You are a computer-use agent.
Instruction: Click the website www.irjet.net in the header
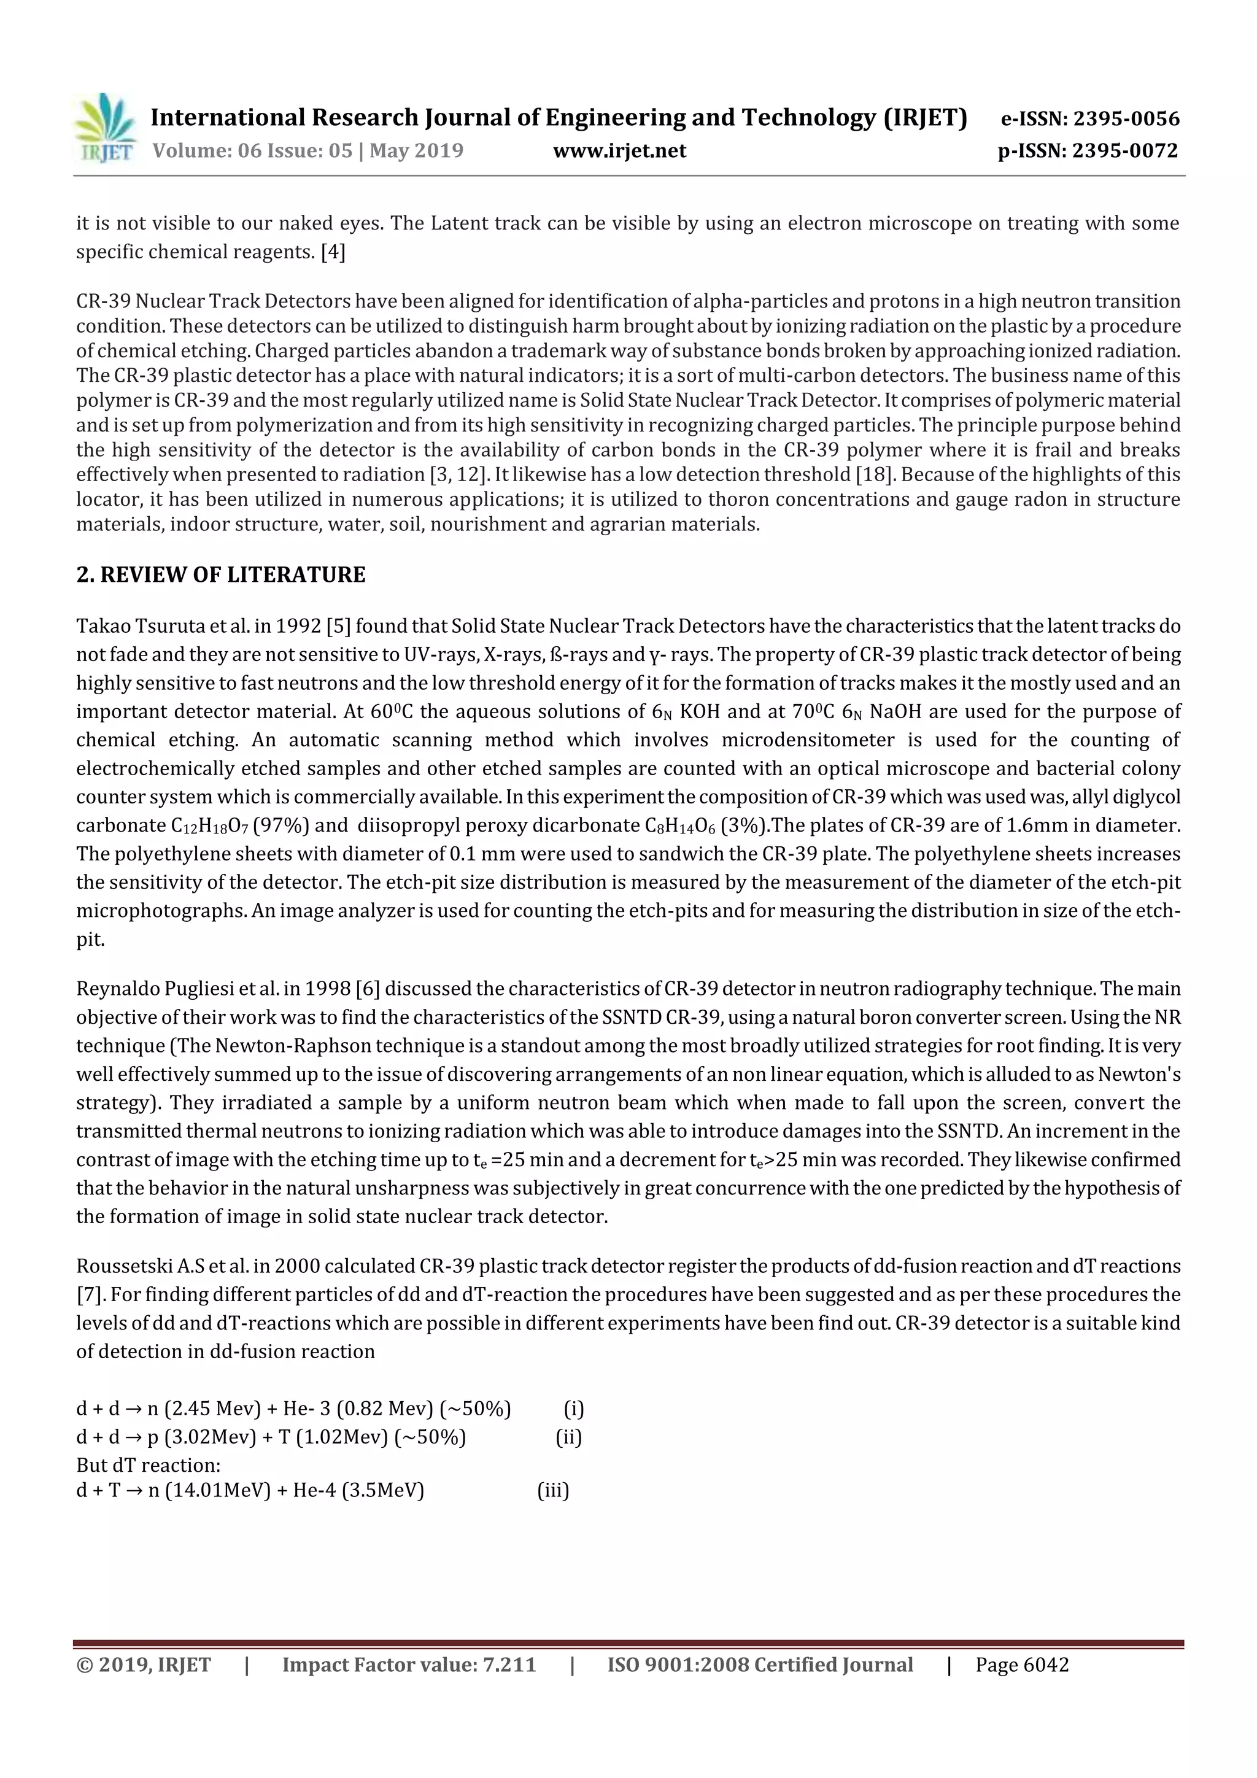click(619, 151)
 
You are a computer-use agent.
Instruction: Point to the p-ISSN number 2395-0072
click(1124, 151)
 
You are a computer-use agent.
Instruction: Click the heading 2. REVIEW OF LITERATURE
click(221, 574)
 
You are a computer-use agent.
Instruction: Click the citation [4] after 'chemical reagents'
click(333, 252)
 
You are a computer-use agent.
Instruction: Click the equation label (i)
click(573, 1409)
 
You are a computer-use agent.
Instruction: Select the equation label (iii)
click(553, 1491)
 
